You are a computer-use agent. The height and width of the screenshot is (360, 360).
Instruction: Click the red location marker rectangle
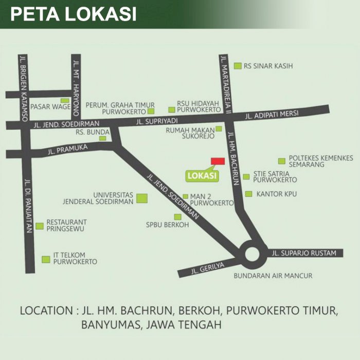pos(218,161)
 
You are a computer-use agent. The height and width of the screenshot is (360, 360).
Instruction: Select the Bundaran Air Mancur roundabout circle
pos(253,255)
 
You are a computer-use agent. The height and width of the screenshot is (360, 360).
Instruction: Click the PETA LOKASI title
pos(74,14)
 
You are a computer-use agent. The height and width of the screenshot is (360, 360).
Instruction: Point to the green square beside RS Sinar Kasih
pos(238,66)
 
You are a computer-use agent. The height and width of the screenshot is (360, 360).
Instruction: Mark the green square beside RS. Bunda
pos(103,138)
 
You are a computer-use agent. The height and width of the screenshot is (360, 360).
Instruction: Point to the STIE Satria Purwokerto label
pos(275,177)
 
